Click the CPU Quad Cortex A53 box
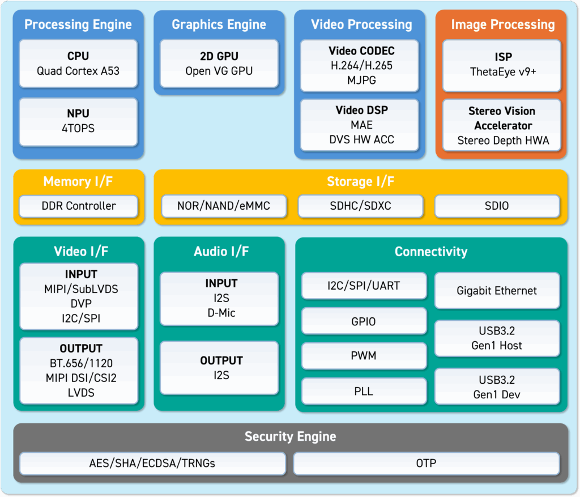(x=78, y=63)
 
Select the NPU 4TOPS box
(x=78, y=122)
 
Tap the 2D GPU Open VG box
(x=219, y=63)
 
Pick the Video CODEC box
(x=360, y=66)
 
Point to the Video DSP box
(x=360, y=125)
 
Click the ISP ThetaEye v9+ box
(x=502, y=66)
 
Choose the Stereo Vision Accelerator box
(x=502, y=125)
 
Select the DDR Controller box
(x=78, y=206)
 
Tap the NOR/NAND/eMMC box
(x=224, y=206)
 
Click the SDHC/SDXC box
(x=360, y=206)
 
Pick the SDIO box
(x=497, y=206)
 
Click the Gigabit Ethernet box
(x=497, y=291)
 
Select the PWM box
(x=364, y=356)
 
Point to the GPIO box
(x=364, y=321)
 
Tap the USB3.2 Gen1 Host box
(x=497, y=338)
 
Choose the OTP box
(x=426, y=464)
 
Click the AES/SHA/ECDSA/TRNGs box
(x=152, y=464)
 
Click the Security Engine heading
(x=291, y=437)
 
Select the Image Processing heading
(x=503, y=25)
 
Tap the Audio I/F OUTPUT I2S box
(x=219, y=368)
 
